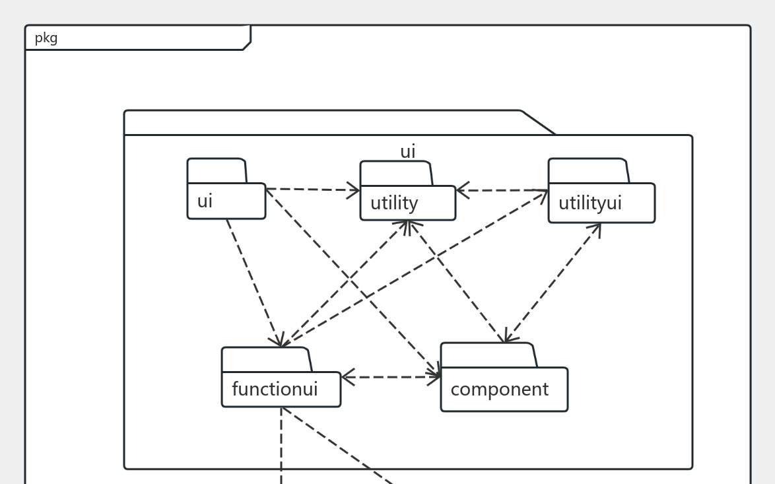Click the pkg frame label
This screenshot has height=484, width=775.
46,38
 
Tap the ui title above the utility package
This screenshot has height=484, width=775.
408,152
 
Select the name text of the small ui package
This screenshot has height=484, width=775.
205,201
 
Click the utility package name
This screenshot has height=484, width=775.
394,203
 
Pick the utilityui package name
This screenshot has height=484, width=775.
590,203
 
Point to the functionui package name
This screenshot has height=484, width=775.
275,389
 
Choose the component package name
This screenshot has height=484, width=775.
499,390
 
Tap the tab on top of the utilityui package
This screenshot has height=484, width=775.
588,171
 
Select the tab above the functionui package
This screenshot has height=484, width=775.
266,360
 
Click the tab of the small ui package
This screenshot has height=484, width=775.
217,171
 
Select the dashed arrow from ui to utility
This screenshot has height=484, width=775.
312,190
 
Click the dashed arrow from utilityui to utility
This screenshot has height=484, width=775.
502,191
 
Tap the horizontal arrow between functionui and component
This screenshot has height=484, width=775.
391,378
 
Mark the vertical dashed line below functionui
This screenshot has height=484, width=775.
281,449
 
